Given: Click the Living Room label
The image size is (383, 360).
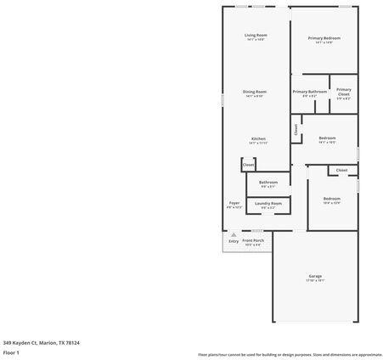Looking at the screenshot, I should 256,35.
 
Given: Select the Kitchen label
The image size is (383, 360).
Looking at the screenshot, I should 258,138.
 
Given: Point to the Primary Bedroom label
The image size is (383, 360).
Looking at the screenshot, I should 324,38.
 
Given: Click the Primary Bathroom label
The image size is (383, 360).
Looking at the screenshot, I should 310,92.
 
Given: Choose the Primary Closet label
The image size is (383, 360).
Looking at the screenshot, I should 343,92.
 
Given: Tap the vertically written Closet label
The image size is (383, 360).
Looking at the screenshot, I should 296,130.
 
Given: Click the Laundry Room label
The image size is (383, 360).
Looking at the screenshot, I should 268,203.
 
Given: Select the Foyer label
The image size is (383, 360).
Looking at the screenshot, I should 234,203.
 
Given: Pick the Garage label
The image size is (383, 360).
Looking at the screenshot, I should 315,276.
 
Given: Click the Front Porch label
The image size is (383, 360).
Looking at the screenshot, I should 253,240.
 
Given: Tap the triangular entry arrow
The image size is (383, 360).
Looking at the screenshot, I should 234,234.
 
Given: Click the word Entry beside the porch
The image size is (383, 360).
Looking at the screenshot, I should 234,241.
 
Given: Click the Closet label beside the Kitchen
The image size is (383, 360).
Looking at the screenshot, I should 248,165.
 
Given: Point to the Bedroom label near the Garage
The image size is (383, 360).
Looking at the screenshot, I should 331,199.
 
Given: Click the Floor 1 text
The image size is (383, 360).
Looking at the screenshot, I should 12,352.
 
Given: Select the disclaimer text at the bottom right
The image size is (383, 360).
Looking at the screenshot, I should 290,354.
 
